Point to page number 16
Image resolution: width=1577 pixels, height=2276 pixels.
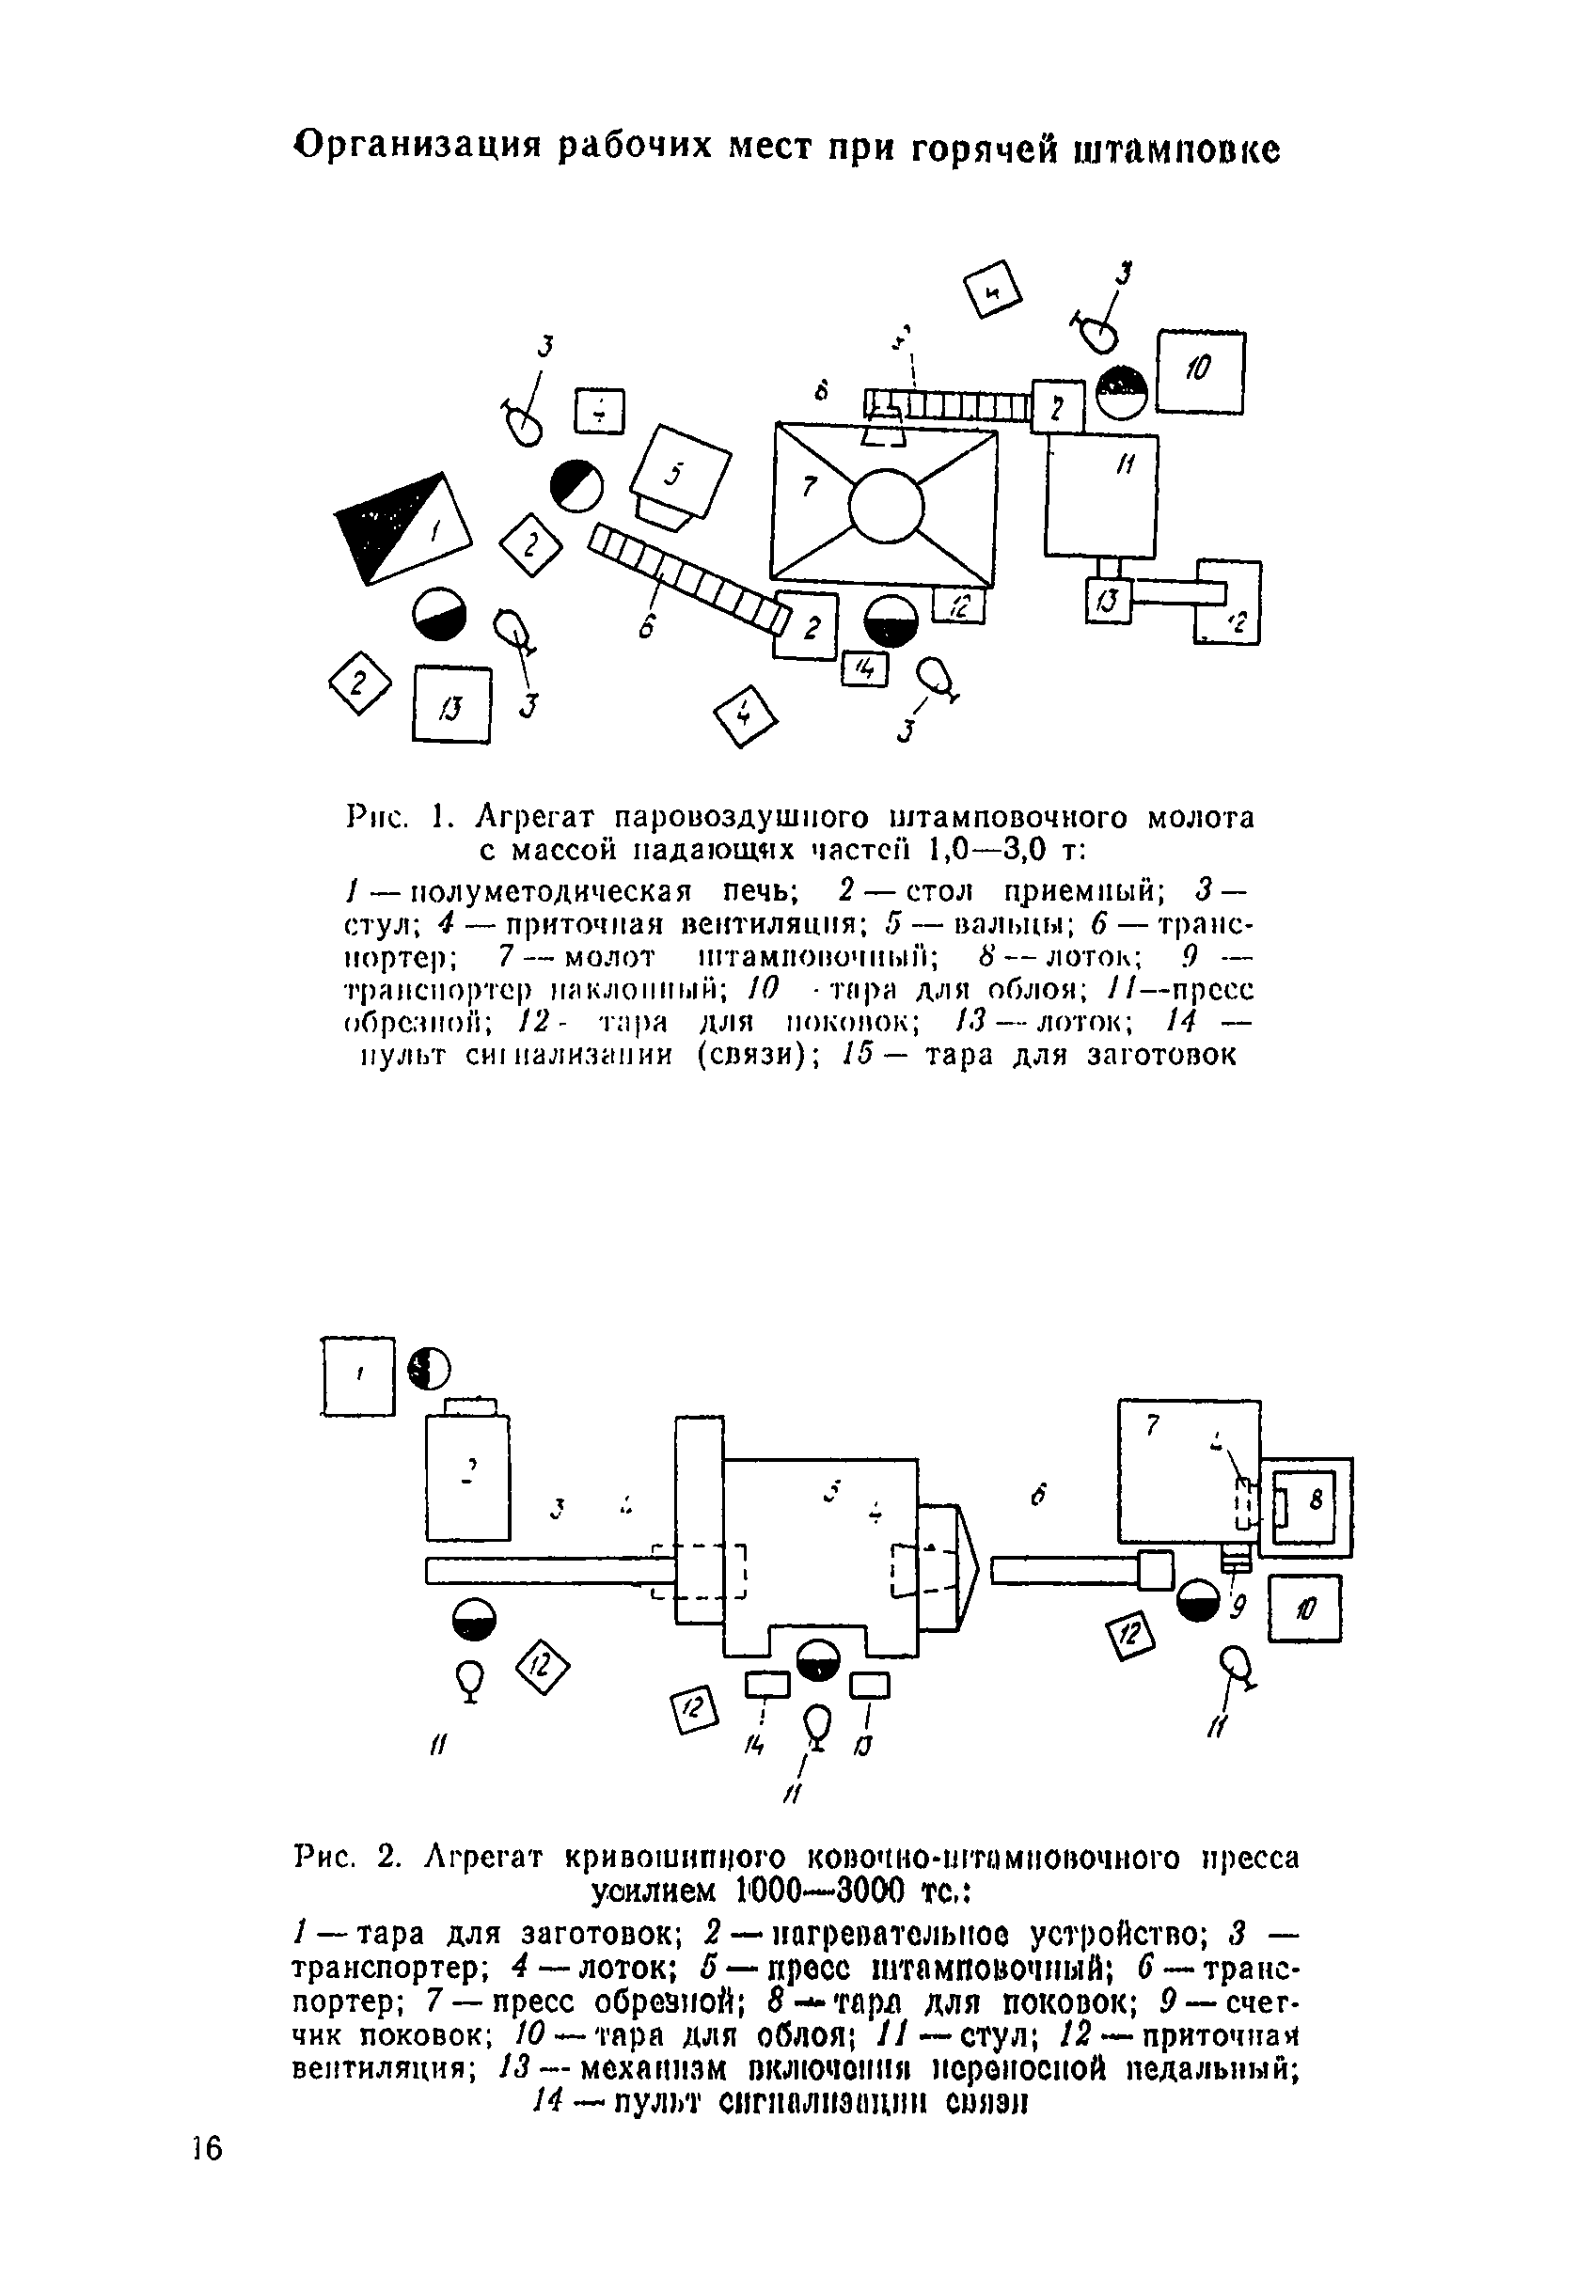coord(209,2148)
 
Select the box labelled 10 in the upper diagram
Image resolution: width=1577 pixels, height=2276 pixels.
coord(1201,372)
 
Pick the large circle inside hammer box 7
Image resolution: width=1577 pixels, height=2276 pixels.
coord(887,506)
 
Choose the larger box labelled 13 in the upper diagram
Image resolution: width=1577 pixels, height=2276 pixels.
coord(451,704)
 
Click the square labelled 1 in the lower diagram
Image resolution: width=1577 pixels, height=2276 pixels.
coord(358,1376)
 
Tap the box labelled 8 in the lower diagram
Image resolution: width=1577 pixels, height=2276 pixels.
coord(1305,1506)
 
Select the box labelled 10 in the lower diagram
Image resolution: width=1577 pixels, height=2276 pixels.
coord(1304,1609)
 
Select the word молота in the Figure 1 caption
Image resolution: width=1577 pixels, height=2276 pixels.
coord(1200,818)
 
